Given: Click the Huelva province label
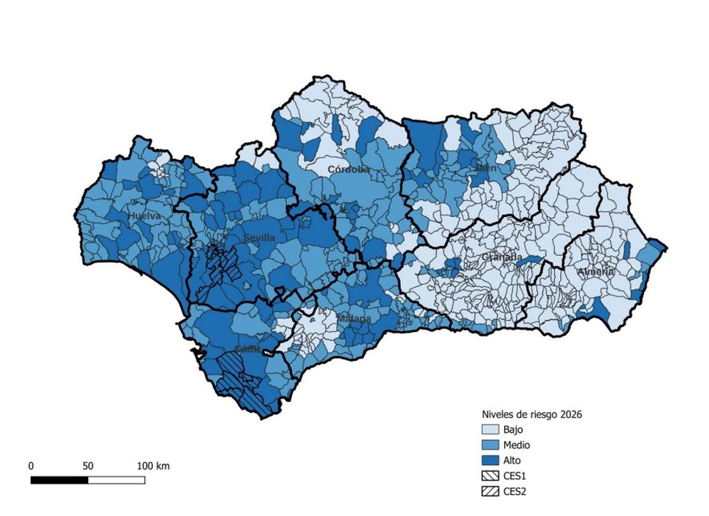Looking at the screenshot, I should pos(144,216).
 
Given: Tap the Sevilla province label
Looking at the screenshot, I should pos(259,238).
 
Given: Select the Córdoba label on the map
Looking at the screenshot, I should pos(349,169).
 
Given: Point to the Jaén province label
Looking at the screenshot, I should pos(485,168).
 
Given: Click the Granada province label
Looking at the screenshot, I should pos(502,257).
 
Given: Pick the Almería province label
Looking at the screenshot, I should pos(596,271).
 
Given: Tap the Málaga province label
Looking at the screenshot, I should pos(354,319).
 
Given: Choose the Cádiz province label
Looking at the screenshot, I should pos(247,349).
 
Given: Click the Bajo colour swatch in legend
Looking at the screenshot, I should pos(490,429).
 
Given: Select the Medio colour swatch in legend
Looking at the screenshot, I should pos(490,445).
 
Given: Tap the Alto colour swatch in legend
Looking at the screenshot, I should pos(490,461).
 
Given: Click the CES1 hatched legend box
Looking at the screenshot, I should pos(490,476).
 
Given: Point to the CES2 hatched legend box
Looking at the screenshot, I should pos(490,492).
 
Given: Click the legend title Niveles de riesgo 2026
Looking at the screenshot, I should pos(531,414).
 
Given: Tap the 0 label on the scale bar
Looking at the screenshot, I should pos(31,466).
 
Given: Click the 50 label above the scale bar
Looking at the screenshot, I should pos(88,466).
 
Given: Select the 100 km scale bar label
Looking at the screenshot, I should pos(153,466).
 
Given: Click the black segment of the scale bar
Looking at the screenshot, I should pos(59,480).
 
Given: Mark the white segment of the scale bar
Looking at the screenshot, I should pos(116,480).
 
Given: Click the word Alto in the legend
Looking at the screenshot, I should pos(512,461).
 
